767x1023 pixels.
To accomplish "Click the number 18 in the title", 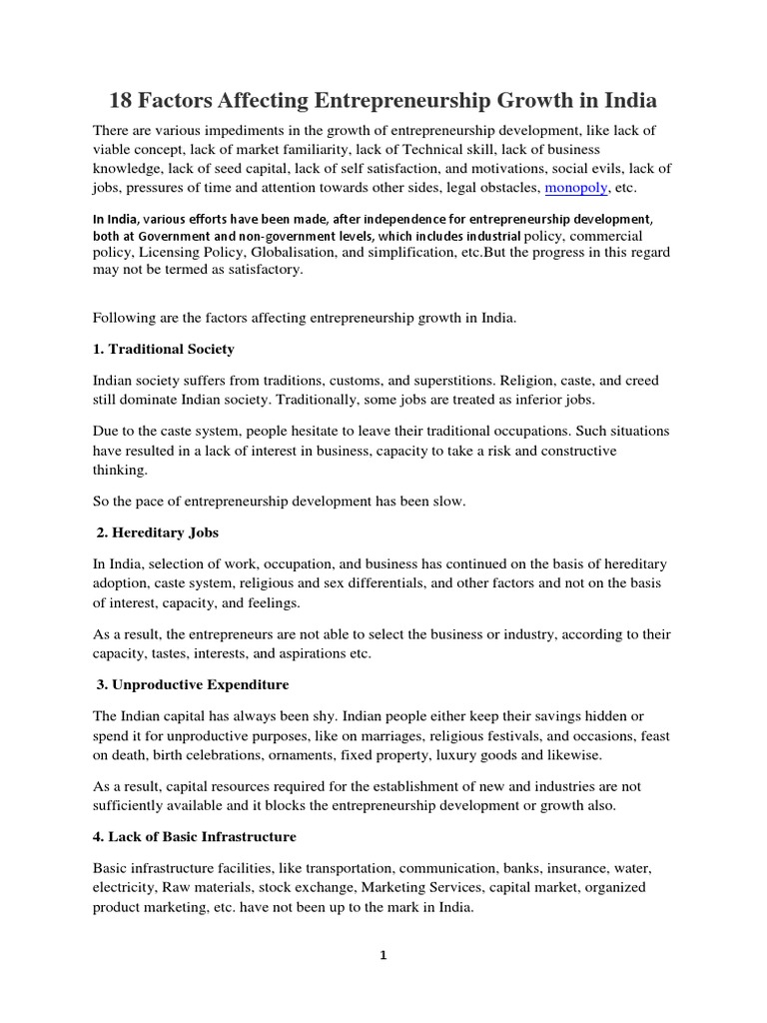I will click(x=122, y=102).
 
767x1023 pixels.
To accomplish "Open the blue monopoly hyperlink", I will click(x=574, y=187).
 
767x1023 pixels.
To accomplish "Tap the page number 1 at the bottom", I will click(x=383, y=955).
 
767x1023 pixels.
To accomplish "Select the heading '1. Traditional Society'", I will click(x=164, y=349).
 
